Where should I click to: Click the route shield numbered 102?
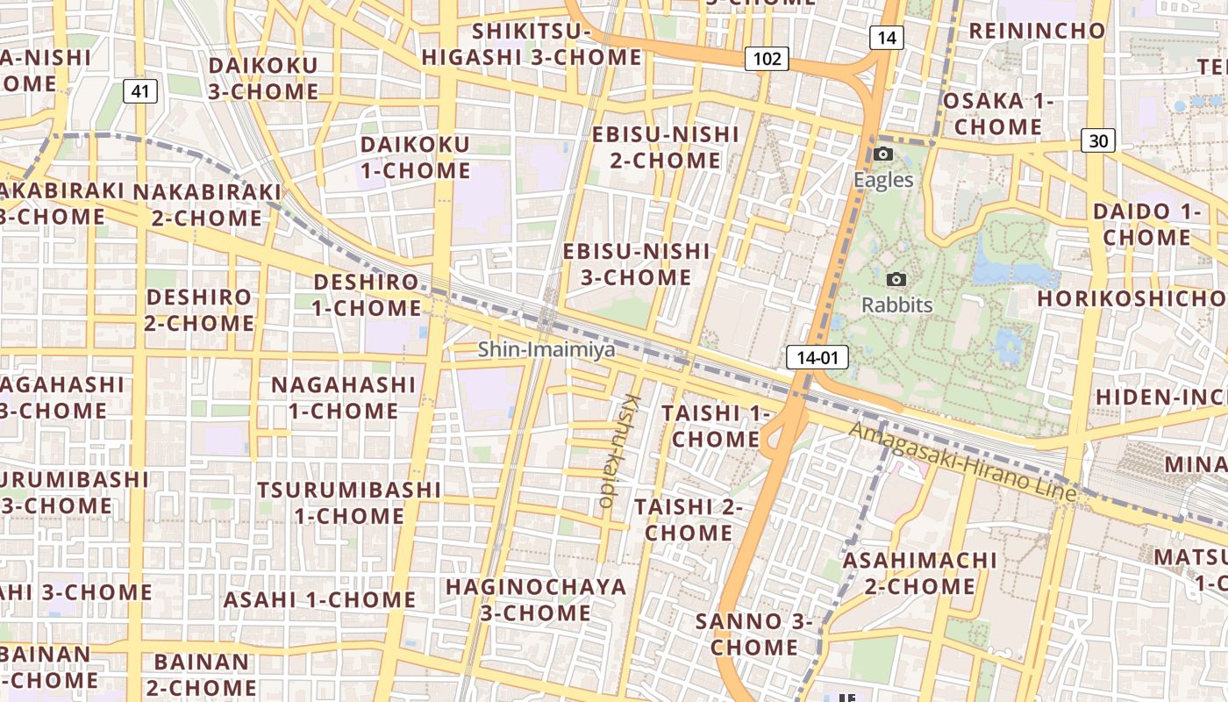coord(767,59)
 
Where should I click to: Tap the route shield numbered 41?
coord(140,90)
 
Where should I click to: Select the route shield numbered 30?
coord(1098,140)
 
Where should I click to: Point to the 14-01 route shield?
coord(817,357)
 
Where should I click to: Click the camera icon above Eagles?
coord(883,154)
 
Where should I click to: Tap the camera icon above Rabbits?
coord(896,279)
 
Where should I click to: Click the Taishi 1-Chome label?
coord(715,426)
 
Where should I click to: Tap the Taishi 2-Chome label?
coord(689,519)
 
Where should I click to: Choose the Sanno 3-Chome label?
coord(754,634)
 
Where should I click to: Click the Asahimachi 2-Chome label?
coord(920,573)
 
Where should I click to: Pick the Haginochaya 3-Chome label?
coord(536,599)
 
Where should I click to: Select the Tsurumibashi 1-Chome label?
coord(349,502)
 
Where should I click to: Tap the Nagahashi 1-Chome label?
coord(343,398)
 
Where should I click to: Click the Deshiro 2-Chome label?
coord(200,310)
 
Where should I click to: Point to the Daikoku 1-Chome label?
coord(416,157)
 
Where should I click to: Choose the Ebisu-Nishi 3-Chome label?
coord(636,264)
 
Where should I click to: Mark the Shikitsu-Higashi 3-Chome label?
coord(532,45)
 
